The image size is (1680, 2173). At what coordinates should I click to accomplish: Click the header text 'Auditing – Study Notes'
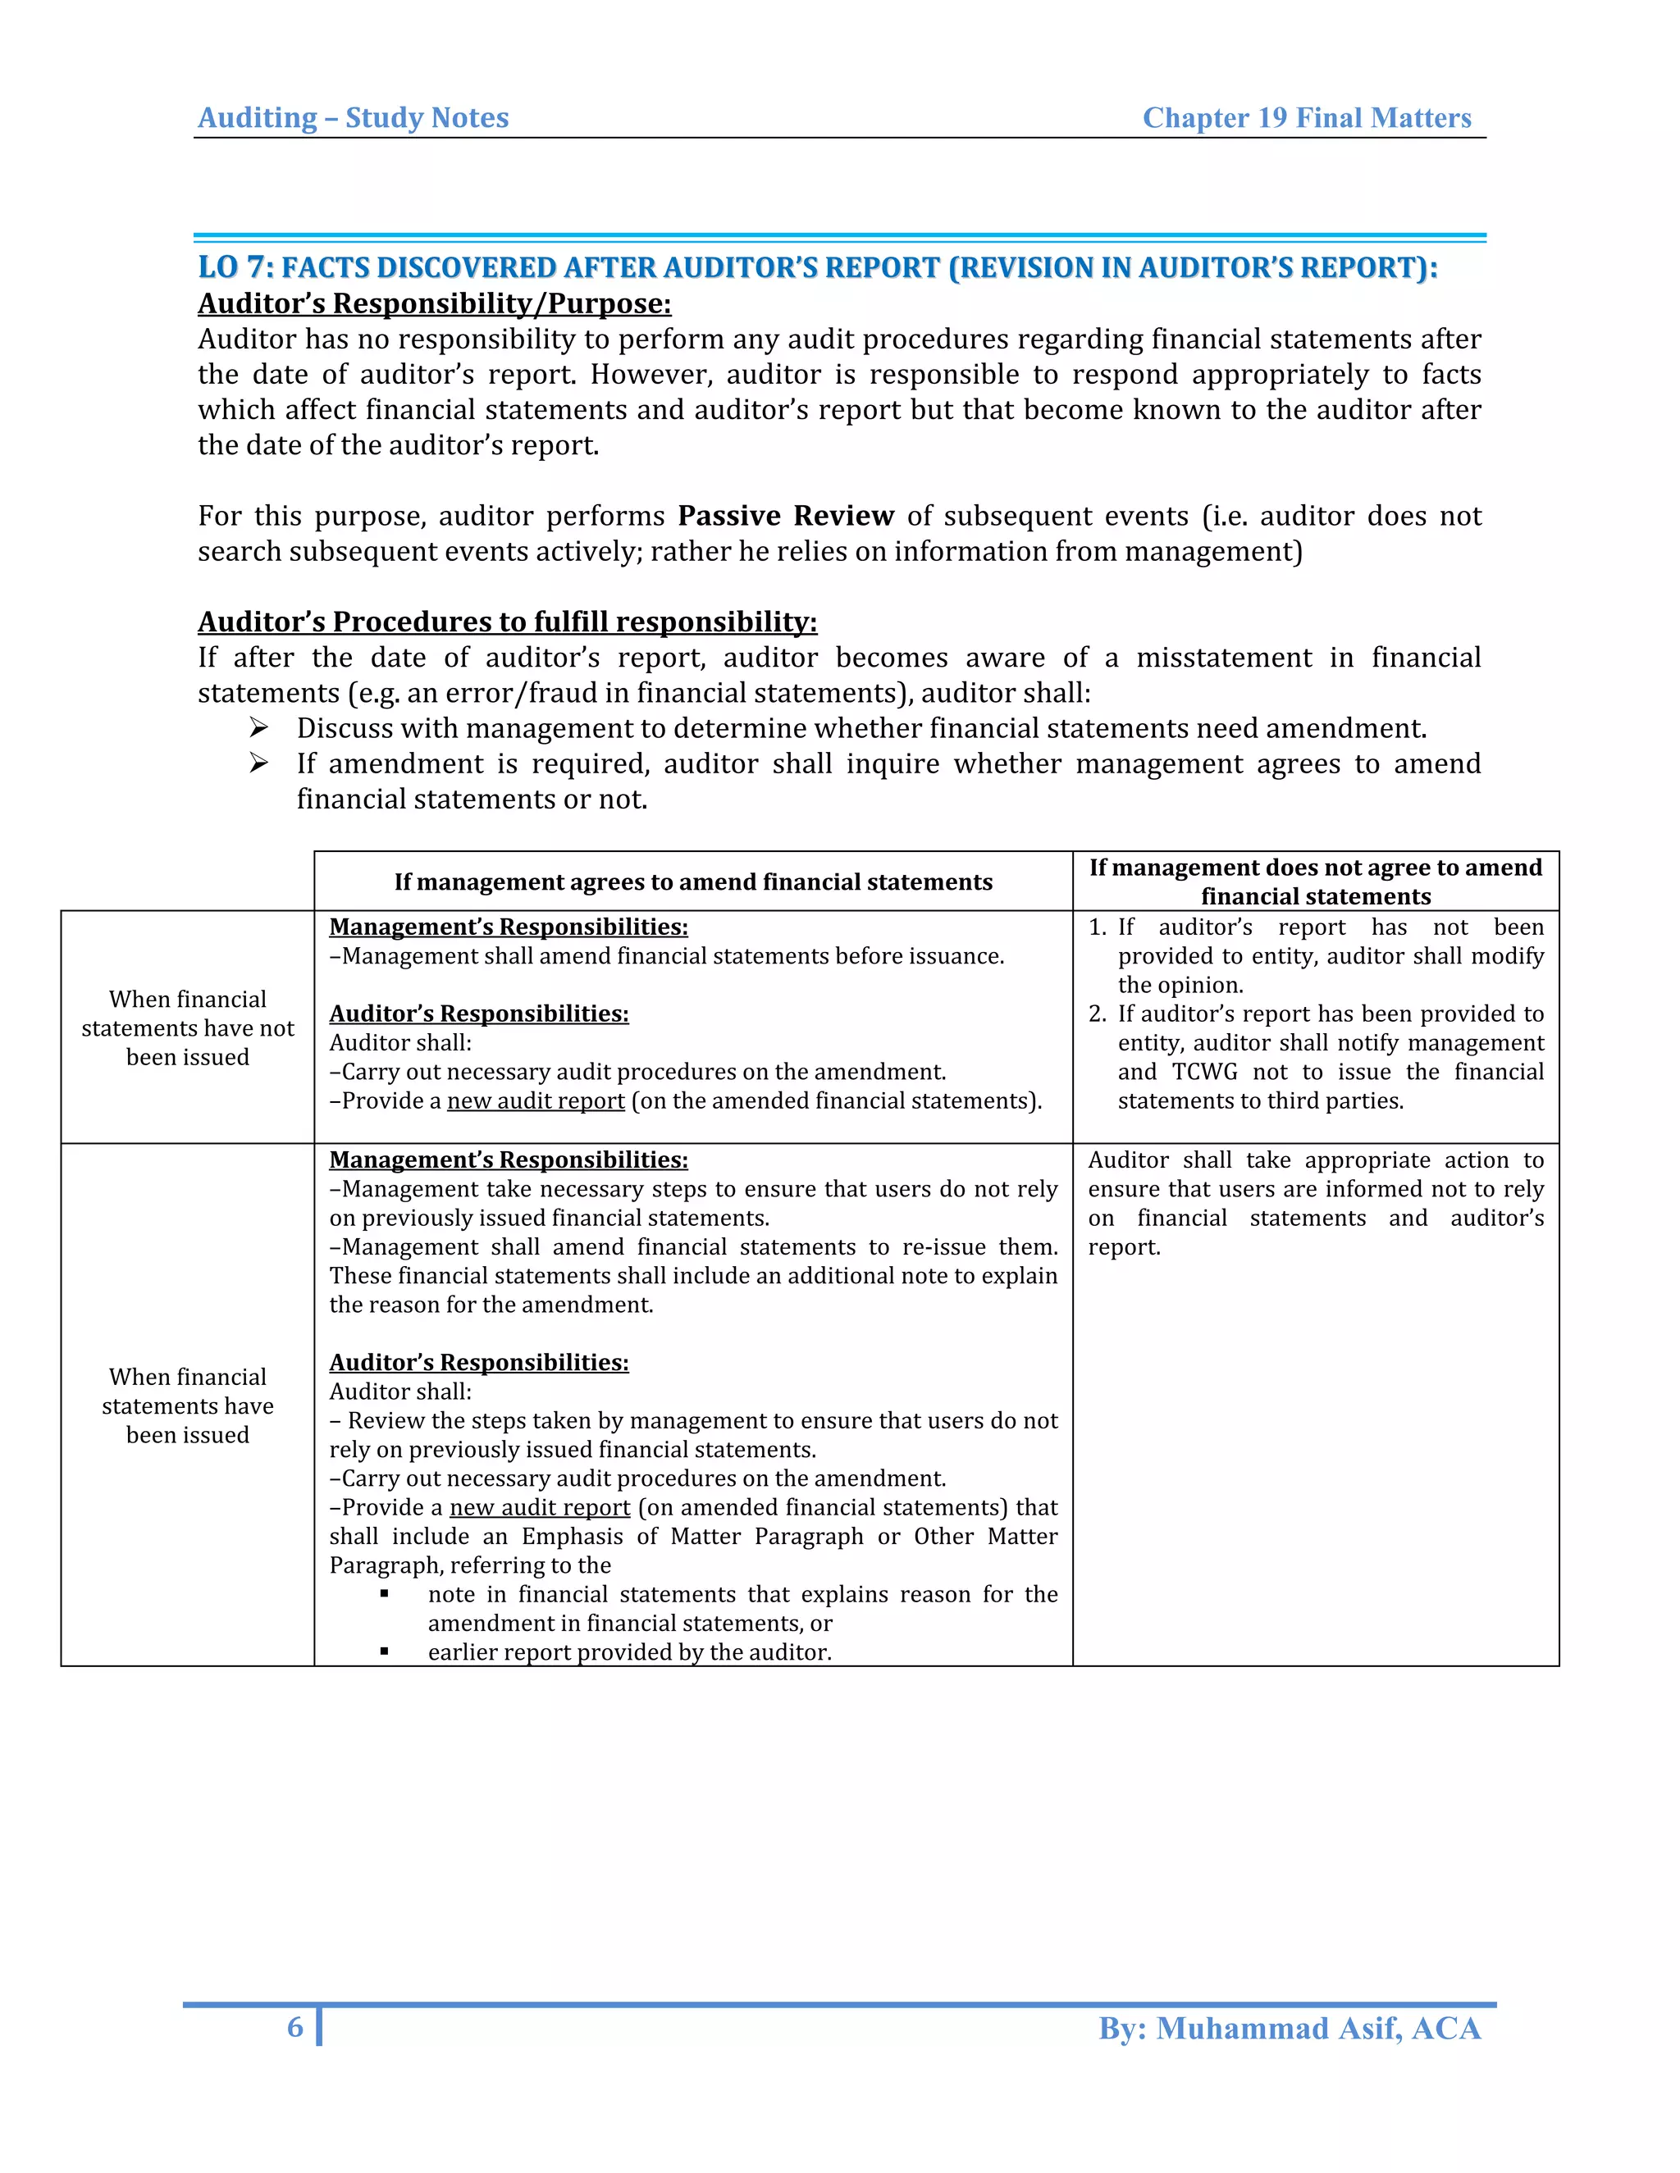point(354,117)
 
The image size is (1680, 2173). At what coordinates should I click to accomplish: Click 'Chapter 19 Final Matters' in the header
point(1306,117)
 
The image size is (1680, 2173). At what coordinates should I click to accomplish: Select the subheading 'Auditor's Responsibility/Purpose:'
point(434,303)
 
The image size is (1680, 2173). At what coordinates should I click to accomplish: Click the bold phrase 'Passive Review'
point(785,516)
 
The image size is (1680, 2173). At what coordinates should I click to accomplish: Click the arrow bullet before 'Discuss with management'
point(258,728)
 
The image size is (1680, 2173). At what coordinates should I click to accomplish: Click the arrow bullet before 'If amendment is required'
point(258,763)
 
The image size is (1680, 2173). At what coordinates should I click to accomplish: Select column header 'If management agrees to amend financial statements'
point(692,881)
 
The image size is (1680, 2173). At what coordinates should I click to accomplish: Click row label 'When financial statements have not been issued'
point(187,1027)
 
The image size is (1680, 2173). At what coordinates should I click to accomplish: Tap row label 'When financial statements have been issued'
point(187,1405)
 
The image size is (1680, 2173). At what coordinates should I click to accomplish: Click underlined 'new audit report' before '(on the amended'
point(536,1100)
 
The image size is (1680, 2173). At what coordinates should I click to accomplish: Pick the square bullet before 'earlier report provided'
point(384,1651)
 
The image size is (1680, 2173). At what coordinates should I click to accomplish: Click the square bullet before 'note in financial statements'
point(384,1594)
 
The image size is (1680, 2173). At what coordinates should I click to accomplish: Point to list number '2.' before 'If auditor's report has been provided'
point(1097,1014)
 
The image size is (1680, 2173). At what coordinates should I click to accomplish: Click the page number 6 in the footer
point(294,2027)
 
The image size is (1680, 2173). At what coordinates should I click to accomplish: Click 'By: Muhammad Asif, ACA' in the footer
point(1289,2028)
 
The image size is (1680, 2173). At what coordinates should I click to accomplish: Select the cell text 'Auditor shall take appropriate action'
point(1315,1160)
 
